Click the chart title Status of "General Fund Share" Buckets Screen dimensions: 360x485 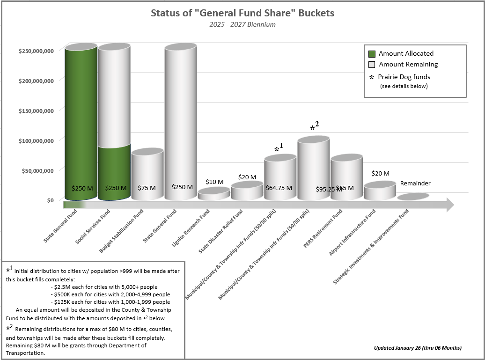click(x=242, y=13)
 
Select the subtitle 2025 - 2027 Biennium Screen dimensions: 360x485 click(x=242, y=24)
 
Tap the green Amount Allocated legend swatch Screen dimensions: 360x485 click(x=372, y=54)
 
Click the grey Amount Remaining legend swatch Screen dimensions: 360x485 click(x=372, y=65)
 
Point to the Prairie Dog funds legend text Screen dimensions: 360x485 click(x=404, y=77)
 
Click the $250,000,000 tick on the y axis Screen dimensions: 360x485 click(x=36, y=51)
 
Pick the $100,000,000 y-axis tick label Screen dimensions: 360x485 click(x=36, y=140)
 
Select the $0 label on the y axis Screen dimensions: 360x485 click(x=50, y=200)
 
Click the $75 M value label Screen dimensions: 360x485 click(x=147, y=188)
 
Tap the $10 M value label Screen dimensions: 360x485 click(x=214, y=182)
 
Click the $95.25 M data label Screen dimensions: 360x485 click(x=329, y=190)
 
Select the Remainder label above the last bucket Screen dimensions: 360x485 click(x=415, y=184)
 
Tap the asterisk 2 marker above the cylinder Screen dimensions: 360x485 click(x=315, y=127)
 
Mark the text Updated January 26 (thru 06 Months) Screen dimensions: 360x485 click(x=418, y=348)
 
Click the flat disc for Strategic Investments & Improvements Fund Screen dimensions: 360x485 click(x=413, y=197)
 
